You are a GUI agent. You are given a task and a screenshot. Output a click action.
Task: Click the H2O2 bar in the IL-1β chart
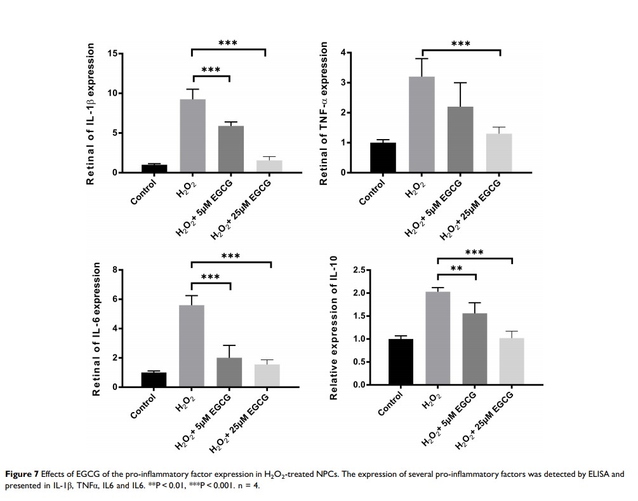(x=192, y=136)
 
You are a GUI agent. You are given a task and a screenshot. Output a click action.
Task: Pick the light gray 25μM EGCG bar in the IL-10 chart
(x=511, y=361)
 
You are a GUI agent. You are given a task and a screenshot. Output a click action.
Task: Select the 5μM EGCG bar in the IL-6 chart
(x=230, y=372)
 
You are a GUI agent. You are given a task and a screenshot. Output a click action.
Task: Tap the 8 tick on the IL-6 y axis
(x=116, y=270)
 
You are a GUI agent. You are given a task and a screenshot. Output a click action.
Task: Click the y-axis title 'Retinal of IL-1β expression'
(x=91, y=114)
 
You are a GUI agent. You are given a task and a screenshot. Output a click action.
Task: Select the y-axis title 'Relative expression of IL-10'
(x=333, y=328)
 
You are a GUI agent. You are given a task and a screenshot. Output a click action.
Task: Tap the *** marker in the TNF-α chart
(x=461, y=44)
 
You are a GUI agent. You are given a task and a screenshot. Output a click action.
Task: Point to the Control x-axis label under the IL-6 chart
(x=143, y=406)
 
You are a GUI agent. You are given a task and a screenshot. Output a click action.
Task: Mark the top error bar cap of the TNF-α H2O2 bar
(x=422, y=58)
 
